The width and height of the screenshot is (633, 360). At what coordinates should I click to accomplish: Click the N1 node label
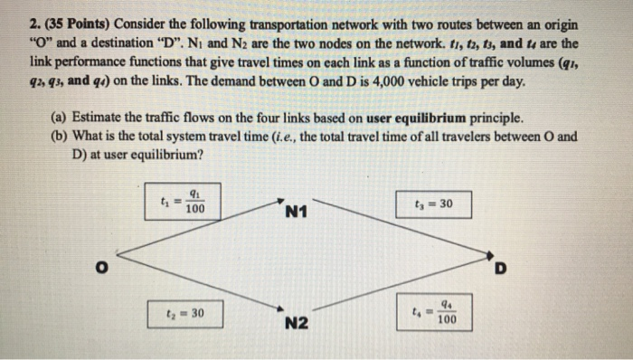(297, 213)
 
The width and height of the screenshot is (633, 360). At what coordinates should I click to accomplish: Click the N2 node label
(297, 323)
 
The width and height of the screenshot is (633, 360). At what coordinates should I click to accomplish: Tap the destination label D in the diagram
(502, 269)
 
